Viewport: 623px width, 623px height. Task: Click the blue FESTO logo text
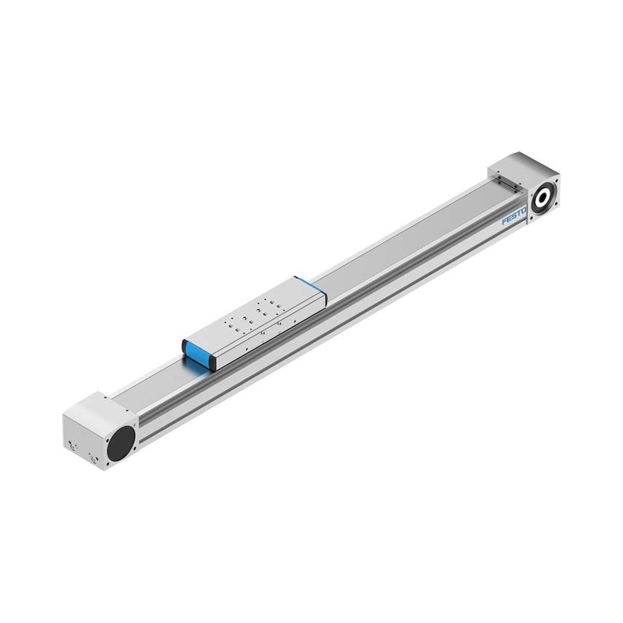tap(514, 216)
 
